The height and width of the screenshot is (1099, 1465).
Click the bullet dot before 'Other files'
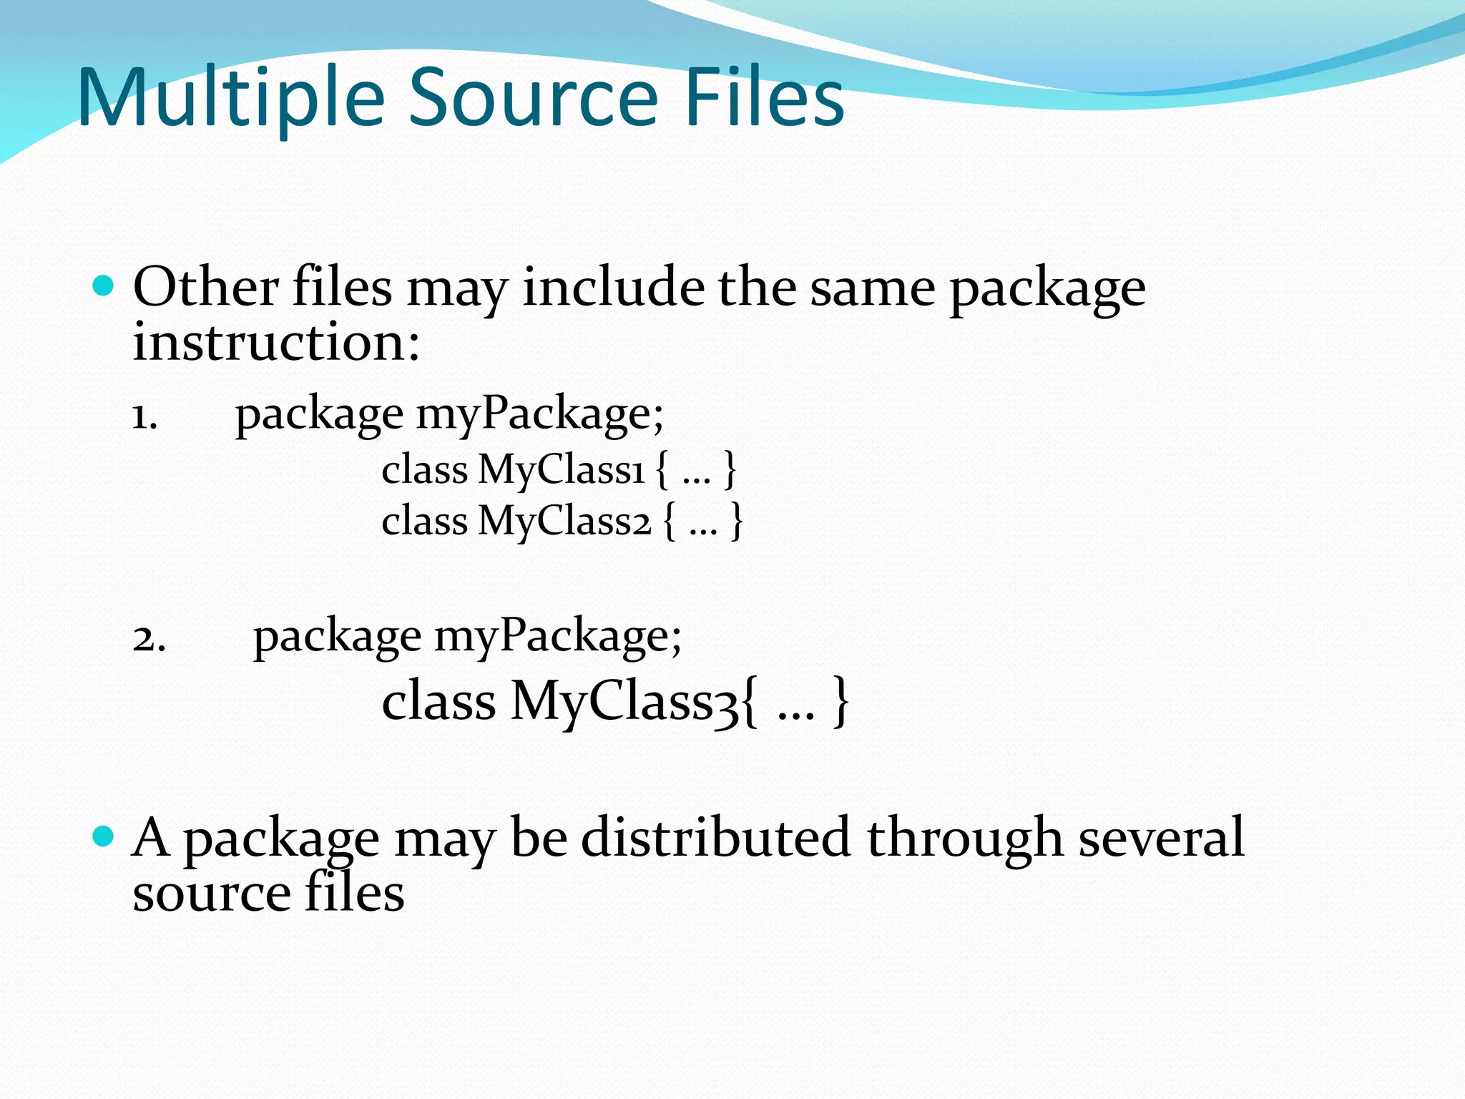point(104,286)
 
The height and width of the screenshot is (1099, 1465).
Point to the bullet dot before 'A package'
point(104,836)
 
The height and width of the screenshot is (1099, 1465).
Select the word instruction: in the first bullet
point(276,342)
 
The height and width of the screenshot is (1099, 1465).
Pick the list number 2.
point(149,638)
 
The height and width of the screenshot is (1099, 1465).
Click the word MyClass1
point(562,471)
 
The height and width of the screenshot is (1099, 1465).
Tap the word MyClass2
point(565,521)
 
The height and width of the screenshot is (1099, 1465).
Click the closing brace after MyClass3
point(841,702)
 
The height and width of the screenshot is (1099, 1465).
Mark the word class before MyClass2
point(424,521)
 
